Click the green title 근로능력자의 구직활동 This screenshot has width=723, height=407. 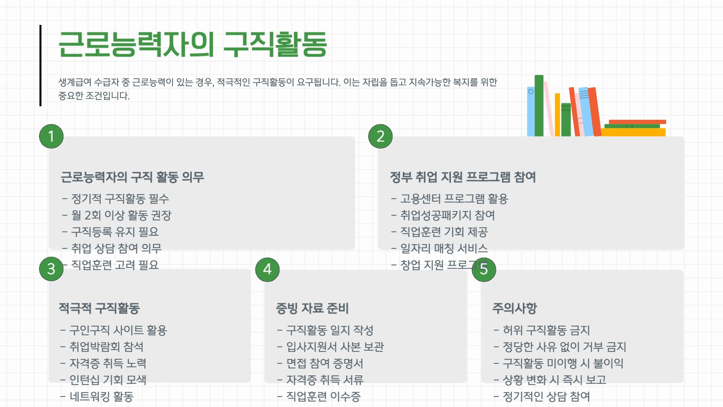pyautogui.click(x=192, y=44)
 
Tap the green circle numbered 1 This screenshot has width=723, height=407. pyautogui.click(x=52, y=136)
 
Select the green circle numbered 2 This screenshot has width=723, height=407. pyautogui.click(x=380, y=136)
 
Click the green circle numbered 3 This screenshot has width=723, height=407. pyautogui.click(x=52, y=269)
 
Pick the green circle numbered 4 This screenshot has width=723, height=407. pyautogui.click(x=268, y=270)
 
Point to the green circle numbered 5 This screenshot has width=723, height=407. pyautogui.click(x=484, y=270)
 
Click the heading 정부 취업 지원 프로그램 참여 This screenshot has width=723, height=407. pyautogui.click(x=463, y=177)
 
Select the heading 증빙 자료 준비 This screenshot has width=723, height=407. pyautogui.click(x=312, y=308)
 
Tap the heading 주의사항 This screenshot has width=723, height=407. pyautogui.click(x=515, y=308)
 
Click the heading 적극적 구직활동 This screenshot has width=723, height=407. pyautogui.click(x=99, y=308)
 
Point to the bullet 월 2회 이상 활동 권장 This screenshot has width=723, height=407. pyautogui.click(x=117, y=215)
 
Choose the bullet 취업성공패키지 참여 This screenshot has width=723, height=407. pyautogui.click(x=443, y=215)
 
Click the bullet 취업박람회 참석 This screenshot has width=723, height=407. pyautogui.click(x=102, y=346)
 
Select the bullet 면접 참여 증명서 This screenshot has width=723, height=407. pyautogui.click(x=320, y=364)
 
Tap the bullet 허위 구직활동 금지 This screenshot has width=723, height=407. pyautogui.click(x=542, y=330)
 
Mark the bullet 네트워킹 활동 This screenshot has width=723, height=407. pyautogui.click(x=97, y=396)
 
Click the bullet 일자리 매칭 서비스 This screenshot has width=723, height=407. pyautogui.click(x=439, y=248)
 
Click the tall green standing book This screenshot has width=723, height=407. pyautogui.click(x=539, y=106)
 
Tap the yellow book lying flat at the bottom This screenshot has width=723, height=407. pyautogui.click(x=633, y=132)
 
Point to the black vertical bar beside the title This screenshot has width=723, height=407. pyautogui.click(x=40, y=66)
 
